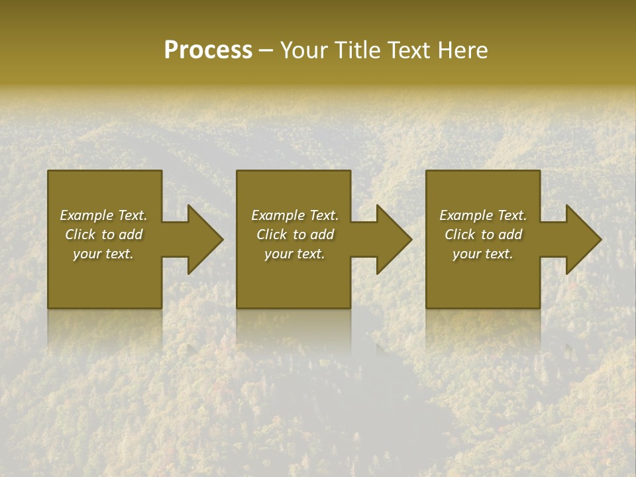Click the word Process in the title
[x=208, y=50]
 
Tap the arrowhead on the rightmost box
[x=582, y=239]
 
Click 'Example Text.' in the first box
[x=103, y=215]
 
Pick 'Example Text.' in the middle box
[x=295, y=215]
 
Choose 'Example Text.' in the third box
[x=483, y=215]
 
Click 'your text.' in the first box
[x=103, y=254]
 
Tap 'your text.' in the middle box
[x=295, y=254]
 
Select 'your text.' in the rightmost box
[x=483, y=254]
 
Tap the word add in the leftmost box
[x=131, y=235]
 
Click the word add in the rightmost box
[x=510, y=235]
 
